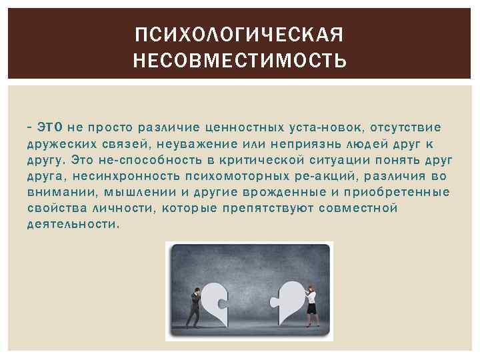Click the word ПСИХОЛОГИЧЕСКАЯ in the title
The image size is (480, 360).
click(x=239, y=34)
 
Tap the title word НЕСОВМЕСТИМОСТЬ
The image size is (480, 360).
click(x=239, y=62)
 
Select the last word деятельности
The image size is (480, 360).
click(x=73, y=225)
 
